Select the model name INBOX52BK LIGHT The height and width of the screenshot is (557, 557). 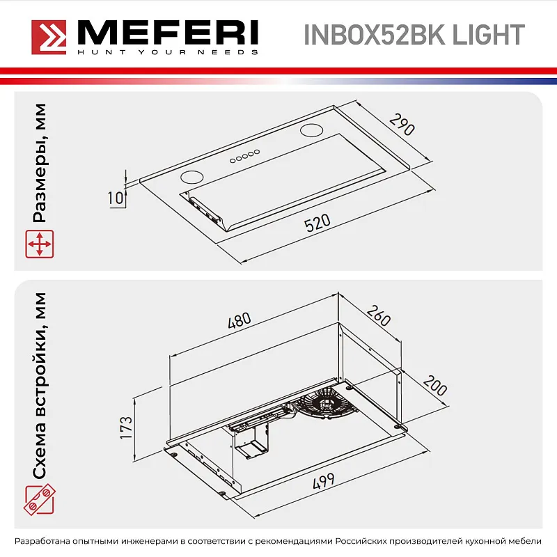tap(414, 35)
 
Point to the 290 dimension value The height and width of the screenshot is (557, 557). tap(402, 126)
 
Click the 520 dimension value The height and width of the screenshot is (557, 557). tap(317, 224)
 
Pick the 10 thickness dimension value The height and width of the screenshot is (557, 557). tap(116, 198)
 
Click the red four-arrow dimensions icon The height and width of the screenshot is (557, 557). tap(40, 245)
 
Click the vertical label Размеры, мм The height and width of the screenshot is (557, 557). tap(40, 164)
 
